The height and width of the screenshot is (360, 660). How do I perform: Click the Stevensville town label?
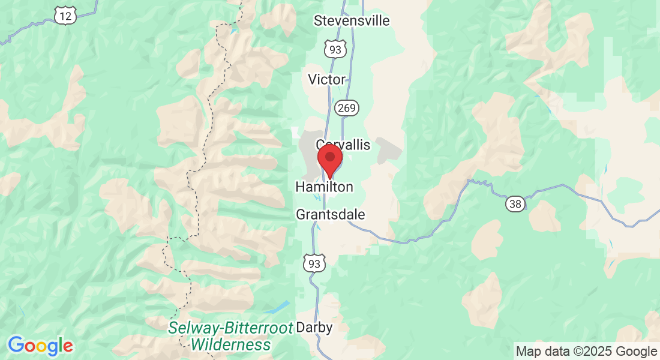(352, 21)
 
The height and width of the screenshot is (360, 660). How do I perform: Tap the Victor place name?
(326, 79)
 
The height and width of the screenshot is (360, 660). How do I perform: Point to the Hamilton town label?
(324, 187)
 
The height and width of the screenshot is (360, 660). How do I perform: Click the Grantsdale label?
(331, 215)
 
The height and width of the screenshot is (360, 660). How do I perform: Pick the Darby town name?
(314, 328)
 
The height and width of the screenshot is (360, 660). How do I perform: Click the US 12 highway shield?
(64, 16)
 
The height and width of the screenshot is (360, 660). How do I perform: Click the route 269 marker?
(347, 108)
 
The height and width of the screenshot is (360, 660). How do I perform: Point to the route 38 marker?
(515, 204)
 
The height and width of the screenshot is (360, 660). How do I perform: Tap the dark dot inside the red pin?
(329, 156)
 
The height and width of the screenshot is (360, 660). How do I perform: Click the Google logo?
(40, 346)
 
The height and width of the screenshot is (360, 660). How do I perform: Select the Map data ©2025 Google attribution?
(587, 352)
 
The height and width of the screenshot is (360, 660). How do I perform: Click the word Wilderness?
(230, 345)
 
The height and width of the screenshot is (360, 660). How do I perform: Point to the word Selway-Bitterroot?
(230, 328)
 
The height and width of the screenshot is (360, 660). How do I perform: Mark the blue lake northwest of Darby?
(277, 308)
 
